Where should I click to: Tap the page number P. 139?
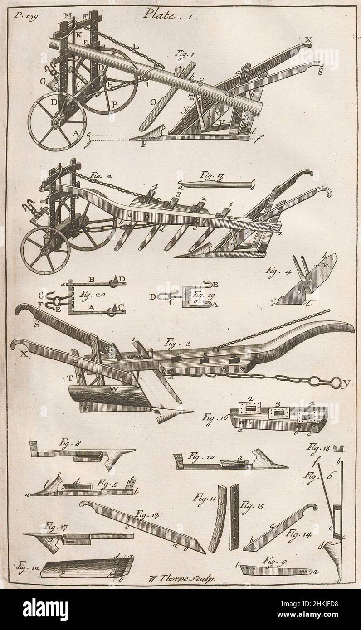click(25, 15)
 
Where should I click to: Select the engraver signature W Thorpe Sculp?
click(183, 577)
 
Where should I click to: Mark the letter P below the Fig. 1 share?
click(145, 145)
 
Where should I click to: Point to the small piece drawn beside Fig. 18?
click(337, 449)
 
